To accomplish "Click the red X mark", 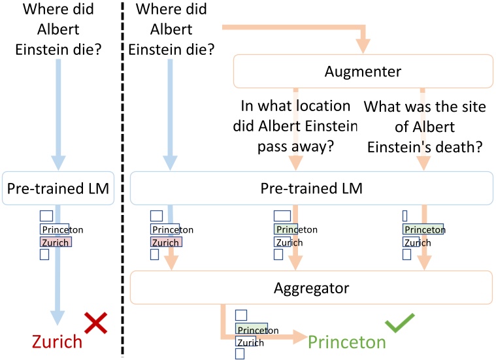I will coord(95,323).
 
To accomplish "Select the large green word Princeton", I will coord(346,342).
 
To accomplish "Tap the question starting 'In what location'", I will coord(296,126).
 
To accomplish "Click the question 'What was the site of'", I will coord(425,126).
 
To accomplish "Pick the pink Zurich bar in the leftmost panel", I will coord(56,242).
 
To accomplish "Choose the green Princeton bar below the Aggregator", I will coord(252,329).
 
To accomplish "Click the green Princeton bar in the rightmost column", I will coord(423,229).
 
